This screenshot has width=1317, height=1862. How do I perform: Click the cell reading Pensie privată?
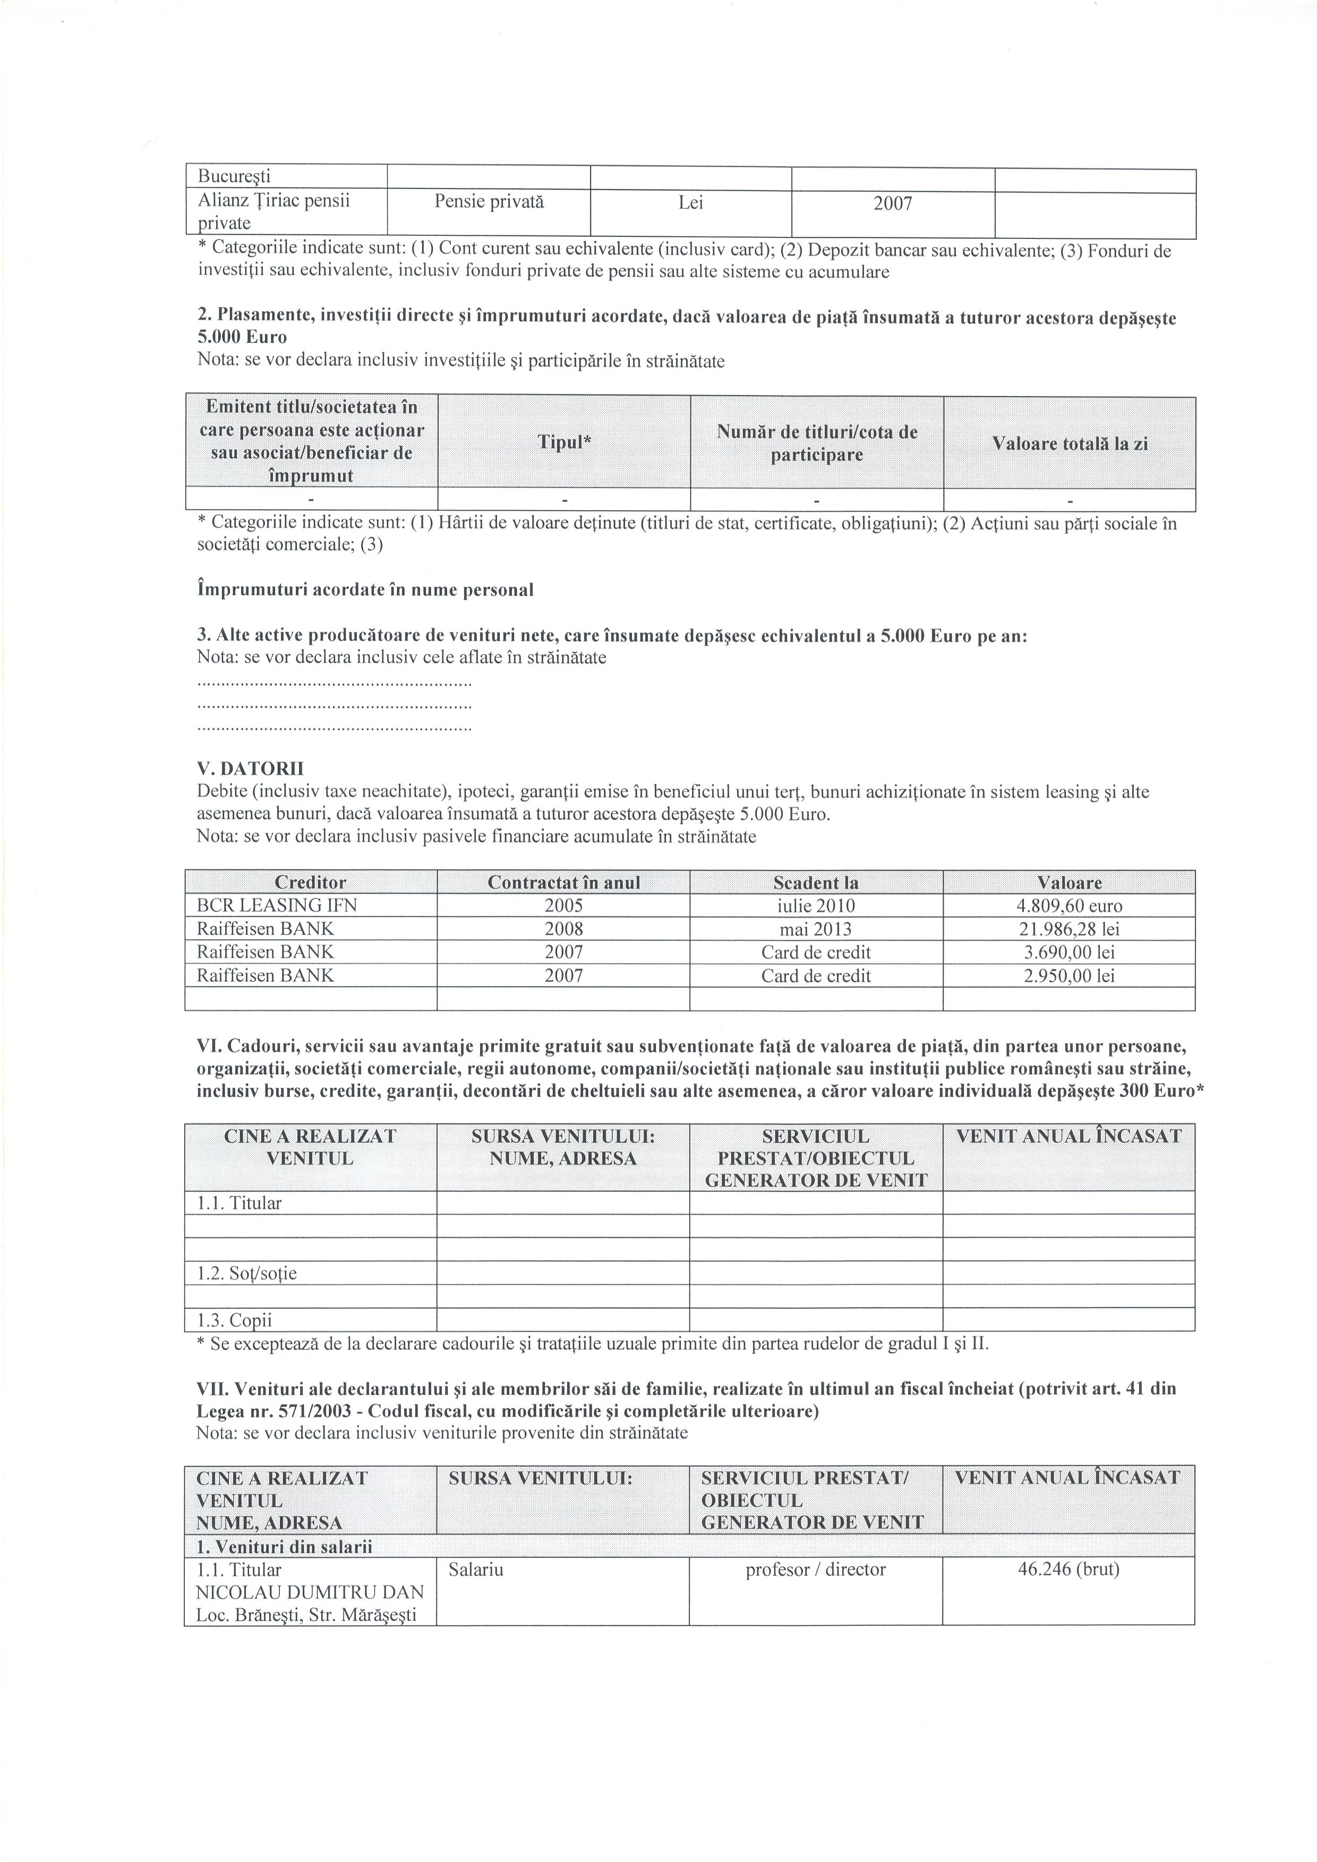tap(488, 202)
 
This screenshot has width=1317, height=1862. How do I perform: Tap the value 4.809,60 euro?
tap(1069, 906)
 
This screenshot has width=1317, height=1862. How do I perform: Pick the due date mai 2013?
tap(816, 929)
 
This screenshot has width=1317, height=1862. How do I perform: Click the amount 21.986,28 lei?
tap(1069, 929)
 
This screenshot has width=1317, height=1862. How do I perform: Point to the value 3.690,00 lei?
tap(1069, 953)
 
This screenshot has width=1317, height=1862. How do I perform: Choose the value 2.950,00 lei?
tap(1069, 976)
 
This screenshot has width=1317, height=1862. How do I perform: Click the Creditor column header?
tap(311, 882)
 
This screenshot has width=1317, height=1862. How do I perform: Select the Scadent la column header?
tap(816, 882)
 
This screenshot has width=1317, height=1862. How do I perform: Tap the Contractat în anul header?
tap(563, 882)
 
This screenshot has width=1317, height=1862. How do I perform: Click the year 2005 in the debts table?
tap(563, 906)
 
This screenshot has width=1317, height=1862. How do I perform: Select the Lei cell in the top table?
tap(690, 203)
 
